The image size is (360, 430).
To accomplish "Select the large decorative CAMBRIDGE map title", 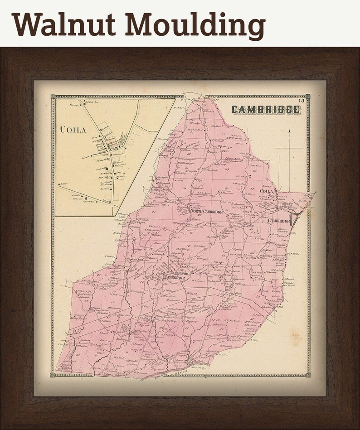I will click(x=266, y=110).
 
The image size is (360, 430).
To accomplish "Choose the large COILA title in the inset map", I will click(x=73, y=130).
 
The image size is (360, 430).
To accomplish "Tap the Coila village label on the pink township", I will click(x=267, y=192).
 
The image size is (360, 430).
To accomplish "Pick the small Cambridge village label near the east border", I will click(x=278, y=221).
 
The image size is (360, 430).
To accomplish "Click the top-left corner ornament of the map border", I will click(x=53, y=97).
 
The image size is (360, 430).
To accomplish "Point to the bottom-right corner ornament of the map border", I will click(x=308, y=375).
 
